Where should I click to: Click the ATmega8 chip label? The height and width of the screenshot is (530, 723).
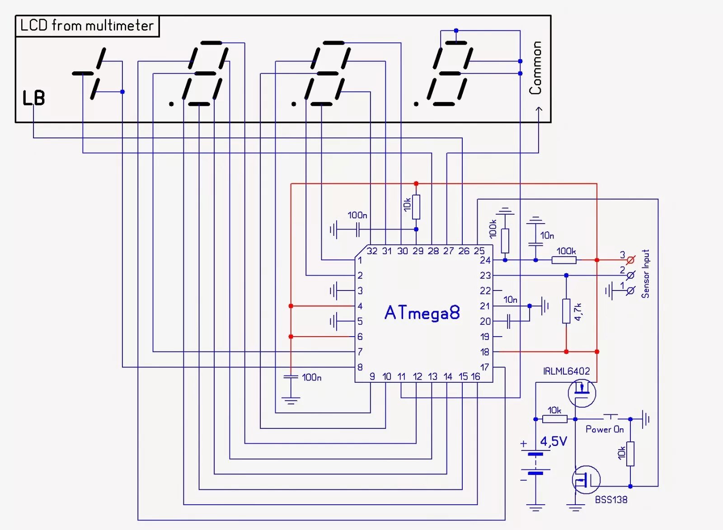[422, 313]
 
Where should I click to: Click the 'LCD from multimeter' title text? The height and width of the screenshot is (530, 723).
[87, 26]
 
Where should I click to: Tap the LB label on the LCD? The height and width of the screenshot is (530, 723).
[34, 98]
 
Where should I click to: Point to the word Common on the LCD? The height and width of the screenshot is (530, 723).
[535, 68]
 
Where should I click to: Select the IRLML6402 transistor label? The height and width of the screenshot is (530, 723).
[566, 371]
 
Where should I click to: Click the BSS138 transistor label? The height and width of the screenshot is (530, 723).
[611, 500]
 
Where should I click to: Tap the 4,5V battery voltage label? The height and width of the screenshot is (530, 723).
[554, 441]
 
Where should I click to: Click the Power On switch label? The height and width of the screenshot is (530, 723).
[605, 429]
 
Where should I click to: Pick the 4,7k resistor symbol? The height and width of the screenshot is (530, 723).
[566, 311]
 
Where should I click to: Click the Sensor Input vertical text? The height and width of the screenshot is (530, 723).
[645, 274]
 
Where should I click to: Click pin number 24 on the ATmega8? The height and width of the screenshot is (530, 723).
[485, 260]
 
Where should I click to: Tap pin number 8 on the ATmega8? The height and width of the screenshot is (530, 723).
[360, 367]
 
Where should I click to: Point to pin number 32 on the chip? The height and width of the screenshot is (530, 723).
[372, 251]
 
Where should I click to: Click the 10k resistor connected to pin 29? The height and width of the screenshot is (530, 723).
[416, 206]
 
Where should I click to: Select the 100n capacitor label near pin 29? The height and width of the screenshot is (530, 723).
[357, 216]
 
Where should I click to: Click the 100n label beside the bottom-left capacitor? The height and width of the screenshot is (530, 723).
[311, 377]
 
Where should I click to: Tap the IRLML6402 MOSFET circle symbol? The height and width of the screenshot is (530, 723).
[582, 393]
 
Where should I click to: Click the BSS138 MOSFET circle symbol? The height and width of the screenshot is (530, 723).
[586, 480]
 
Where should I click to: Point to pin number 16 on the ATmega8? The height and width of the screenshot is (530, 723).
[475, 376]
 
